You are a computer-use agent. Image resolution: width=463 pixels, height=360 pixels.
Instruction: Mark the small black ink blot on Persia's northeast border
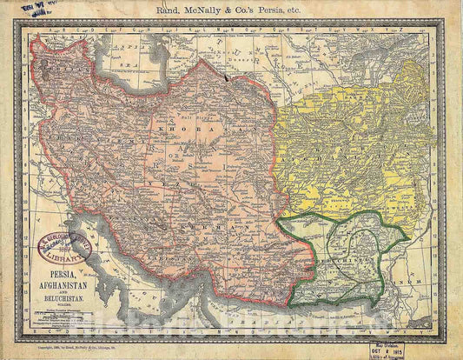click(x=227, y=77)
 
